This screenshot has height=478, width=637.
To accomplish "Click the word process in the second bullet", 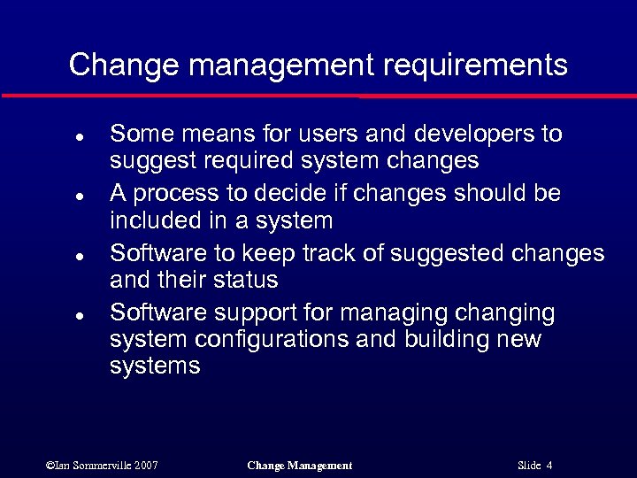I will click(x=174, y=194).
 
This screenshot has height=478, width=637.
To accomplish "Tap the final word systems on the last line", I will click(x=155, y=366).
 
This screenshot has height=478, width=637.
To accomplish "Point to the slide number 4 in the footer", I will click(x=549, y=466).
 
